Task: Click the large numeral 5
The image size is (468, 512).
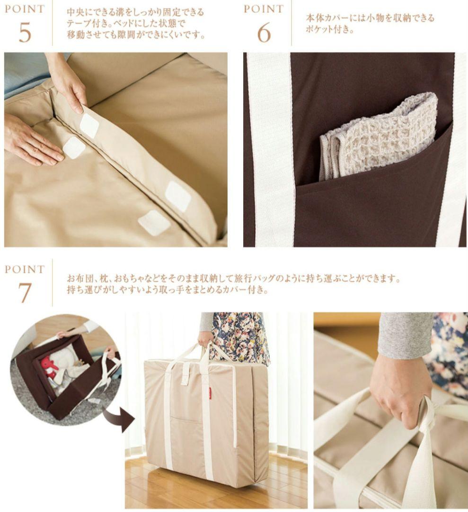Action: (x=25, y=32)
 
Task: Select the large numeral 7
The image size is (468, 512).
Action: (x=25, y=293)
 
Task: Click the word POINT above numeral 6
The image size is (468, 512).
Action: (x=264, y=9)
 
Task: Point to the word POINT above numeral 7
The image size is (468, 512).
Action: (x=25, y=269)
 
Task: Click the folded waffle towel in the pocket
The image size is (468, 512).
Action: (x=379, y=135)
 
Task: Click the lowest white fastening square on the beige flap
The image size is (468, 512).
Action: (x=154, y=222)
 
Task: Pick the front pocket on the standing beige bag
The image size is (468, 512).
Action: (x=186, y=439)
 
